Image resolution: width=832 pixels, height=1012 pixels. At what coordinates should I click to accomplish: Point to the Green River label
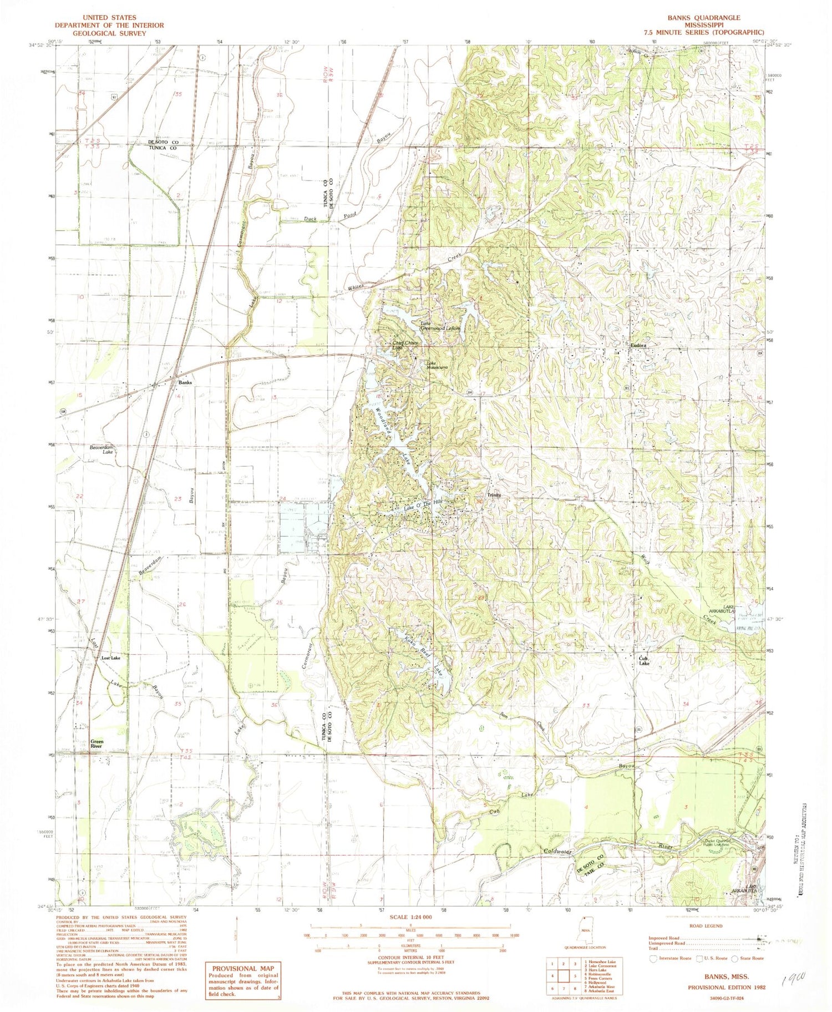(97, 744)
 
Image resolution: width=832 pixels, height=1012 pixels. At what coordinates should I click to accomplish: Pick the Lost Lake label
(110, 658)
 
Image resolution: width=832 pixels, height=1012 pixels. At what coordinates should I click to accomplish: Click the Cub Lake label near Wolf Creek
(643, 661)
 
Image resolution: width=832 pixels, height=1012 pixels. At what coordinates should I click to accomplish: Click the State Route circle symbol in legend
(735, 958)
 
